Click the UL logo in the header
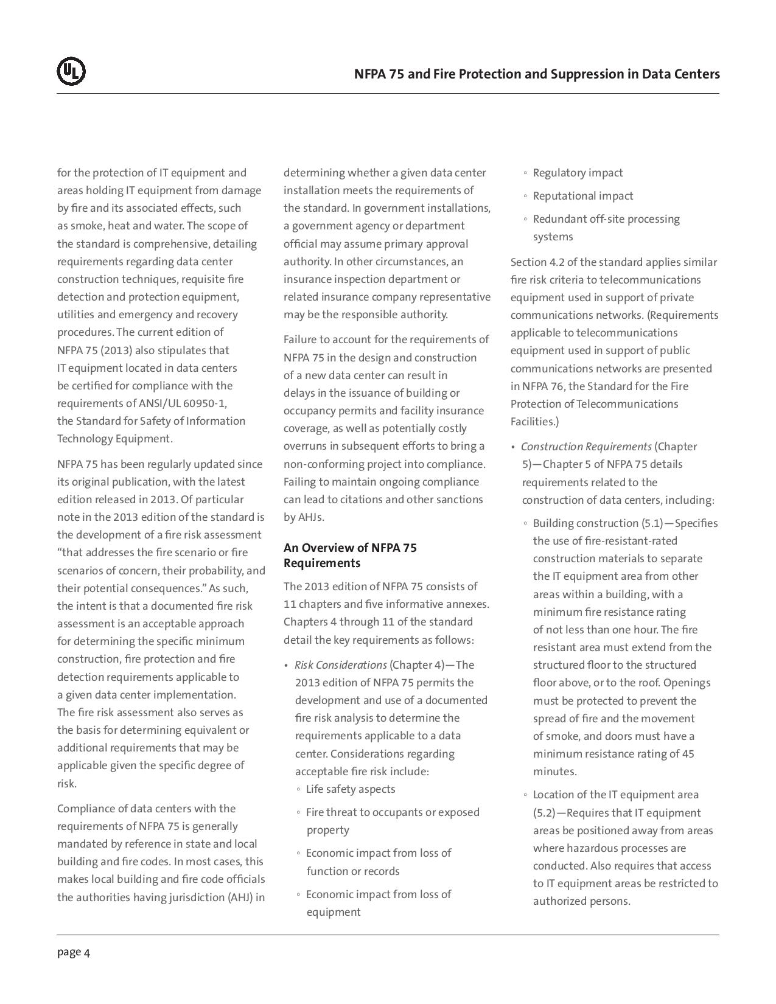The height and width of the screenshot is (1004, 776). [71, 71]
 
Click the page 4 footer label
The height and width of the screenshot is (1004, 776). [74, 952]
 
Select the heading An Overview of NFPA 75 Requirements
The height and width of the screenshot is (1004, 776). [350, 555]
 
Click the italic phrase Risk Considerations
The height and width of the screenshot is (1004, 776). [340, 665]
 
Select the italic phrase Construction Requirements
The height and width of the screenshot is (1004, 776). [586, 447]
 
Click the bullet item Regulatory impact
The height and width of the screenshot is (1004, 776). [578, 173]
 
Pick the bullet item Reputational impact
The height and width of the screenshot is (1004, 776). [582, 196]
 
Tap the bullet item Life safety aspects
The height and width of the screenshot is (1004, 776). [351, 789]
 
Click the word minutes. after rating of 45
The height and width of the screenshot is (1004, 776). [554, 772]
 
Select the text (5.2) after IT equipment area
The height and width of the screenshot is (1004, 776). [544, 813]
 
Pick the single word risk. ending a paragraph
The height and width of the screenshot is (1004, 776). [67, 784]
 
